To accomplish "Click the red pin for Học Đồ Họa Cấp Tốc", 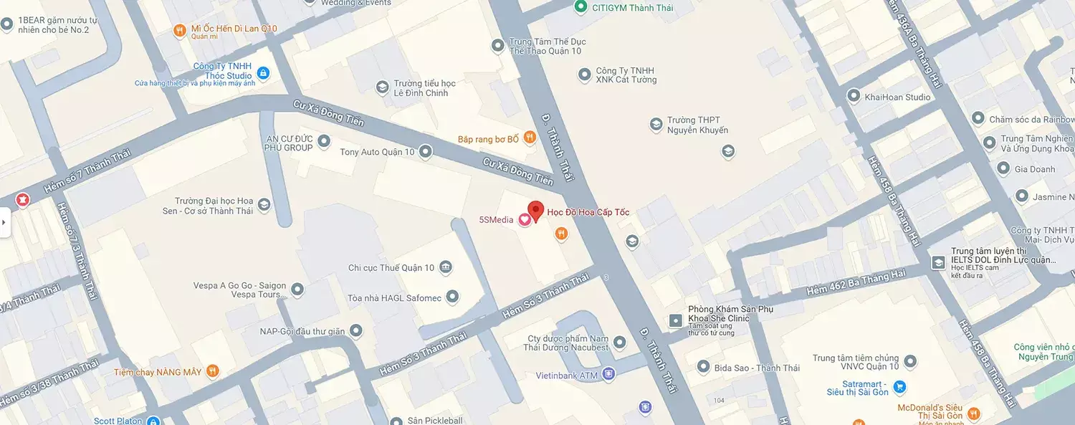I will click(x=535, y=211).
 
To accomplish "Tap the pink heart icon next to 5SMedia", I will click(x=524, y=220).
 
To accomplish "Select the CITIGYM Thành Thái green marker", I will click(x=582, y=7).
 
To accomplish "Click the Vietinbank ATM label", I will click(x=566, y=376).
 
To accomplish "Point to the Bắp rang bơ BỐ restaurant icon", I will click(x=529, y=137).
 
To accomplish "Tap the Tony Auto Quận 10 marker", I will click(x=426, y=151).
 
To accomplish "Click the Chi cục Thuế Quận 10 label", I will click(x=391, y=268).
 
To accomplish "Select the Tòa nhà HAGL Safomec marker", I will click(x=452, y=296).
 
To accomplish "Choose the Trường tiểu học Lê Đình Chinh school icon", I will click(x=383, y=87).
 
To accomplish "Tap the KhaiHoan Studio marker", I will click(x=854, y=95).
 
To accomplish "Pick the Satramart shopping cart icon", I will click(x=900, y=387).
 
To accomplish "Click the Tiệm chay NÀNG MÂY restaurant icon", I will click(x=212, y=371).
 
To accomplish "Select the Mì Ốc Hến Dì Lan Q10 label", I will click(x=234, y=29).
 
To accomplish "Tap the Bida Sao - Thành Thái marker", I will click(x=704, y=367).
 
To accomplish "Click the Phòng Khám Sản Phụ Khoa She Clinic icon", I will click(x=675, y=320).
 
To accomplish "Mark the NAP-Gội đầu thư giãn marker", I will click(x=355, y=330).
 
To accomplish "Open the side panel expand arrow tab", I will click(x=4, y=222).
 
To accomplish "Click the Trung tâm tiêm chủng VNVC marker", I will click(x=910, y=361).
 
